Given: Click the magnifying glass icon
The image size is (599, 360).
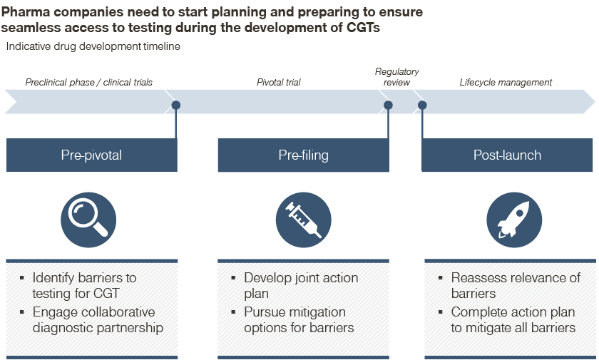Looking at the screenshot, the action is (x=88, y=220).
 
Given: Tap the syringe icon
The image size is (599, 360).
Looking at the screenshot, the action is (x=303, y=220).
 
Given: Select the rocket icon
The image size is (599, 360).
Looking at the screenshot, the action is (x=514, y=220).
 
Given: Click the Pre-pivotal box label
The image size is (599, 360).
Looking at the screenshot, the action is (x=91, y=155).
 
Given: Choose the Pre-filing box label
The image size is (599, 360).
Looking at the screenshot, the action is (x=303, y=155).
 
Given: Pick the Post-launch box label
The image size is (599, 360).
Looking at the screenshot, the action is (x=507, y=155).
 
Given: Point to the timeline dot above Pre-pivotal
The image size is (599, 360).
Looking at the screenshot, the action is (x=175, y=105).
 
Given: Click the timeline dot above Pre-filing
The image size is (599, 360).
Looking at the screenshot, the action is (x=388, y=105).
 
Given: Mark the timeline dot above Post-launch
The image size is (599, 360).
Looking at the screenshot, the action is (x=422, y=105).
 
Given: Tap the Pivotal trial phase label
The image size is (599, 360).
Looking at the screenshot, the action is (x=279, y=82).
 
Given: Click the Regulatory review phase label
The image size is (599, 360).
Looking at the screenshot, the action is (x=397, y=77).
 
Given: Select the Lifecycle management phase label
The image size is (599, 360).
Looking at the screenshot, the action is (x=506, y=82).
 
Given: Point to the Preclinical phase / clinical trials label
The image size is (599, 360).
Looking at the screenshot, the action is (x=88, y=82).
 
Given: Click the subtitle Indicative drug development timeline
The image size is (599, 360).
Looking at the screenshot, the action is (x=93, y=46).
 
